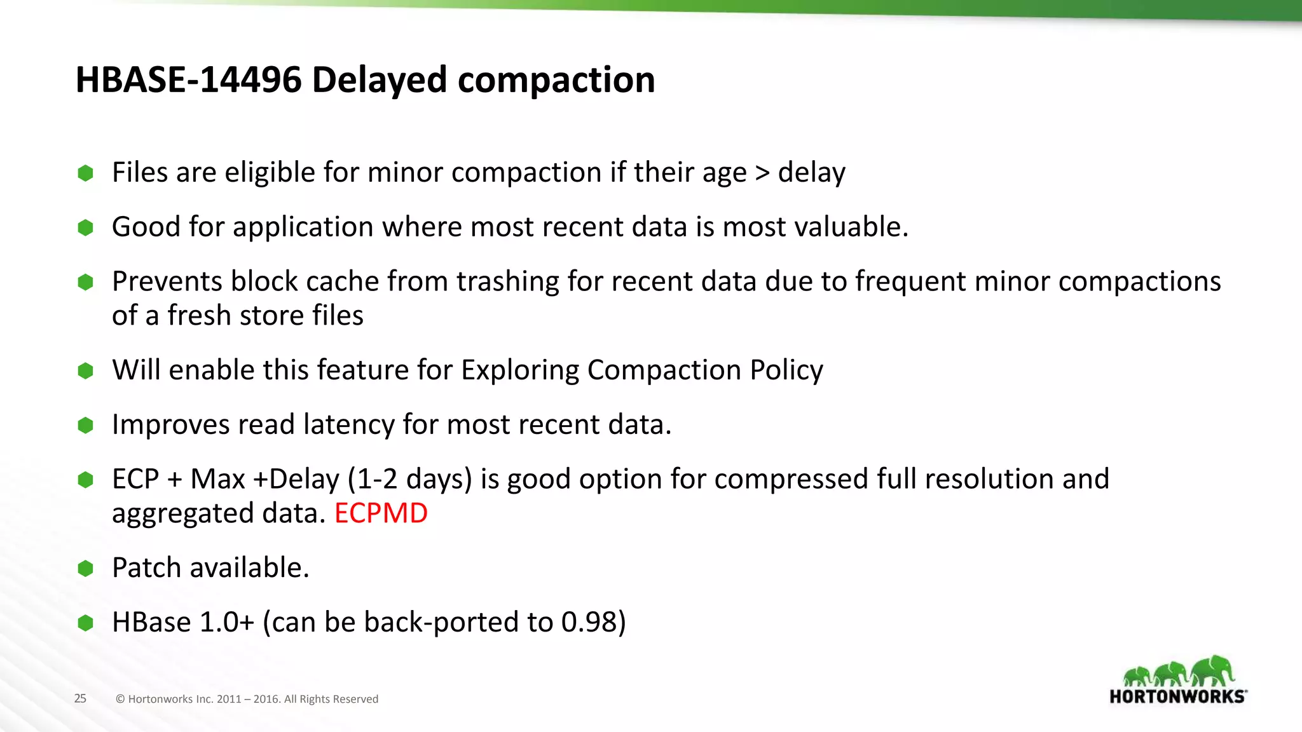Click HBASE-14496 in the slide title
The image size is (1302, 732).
pyautogui.click(x=188, y=80)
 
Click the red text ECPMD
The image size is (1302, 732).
pyautogui.click(x=381, y=513)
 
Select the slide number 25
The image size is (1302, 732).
pyautogui.click(x=80, y=698)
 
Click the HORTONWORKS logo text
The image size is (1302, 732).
pyautogui.click(x=1177, y=696)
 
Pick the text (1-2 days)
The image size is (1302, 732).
pyautogui.click(x=409, y=479)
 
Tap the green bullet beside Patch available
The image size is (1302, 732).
pyautogui.click(x=85, y=568)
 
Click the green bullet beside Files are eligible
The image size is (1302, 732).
pyautogui.click(x=85, y=173)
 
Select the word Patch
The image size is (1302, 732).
pyautogui.click(x=146, y=568)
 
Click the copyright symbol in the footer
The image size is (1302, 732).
pyautogui.click(x=120, y=699)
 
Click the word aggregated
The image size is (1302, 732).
pyautogui.click(x=182, y=513)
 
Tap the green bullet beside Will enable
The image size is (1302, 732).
pyautogui.click(x=85, y=370)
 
